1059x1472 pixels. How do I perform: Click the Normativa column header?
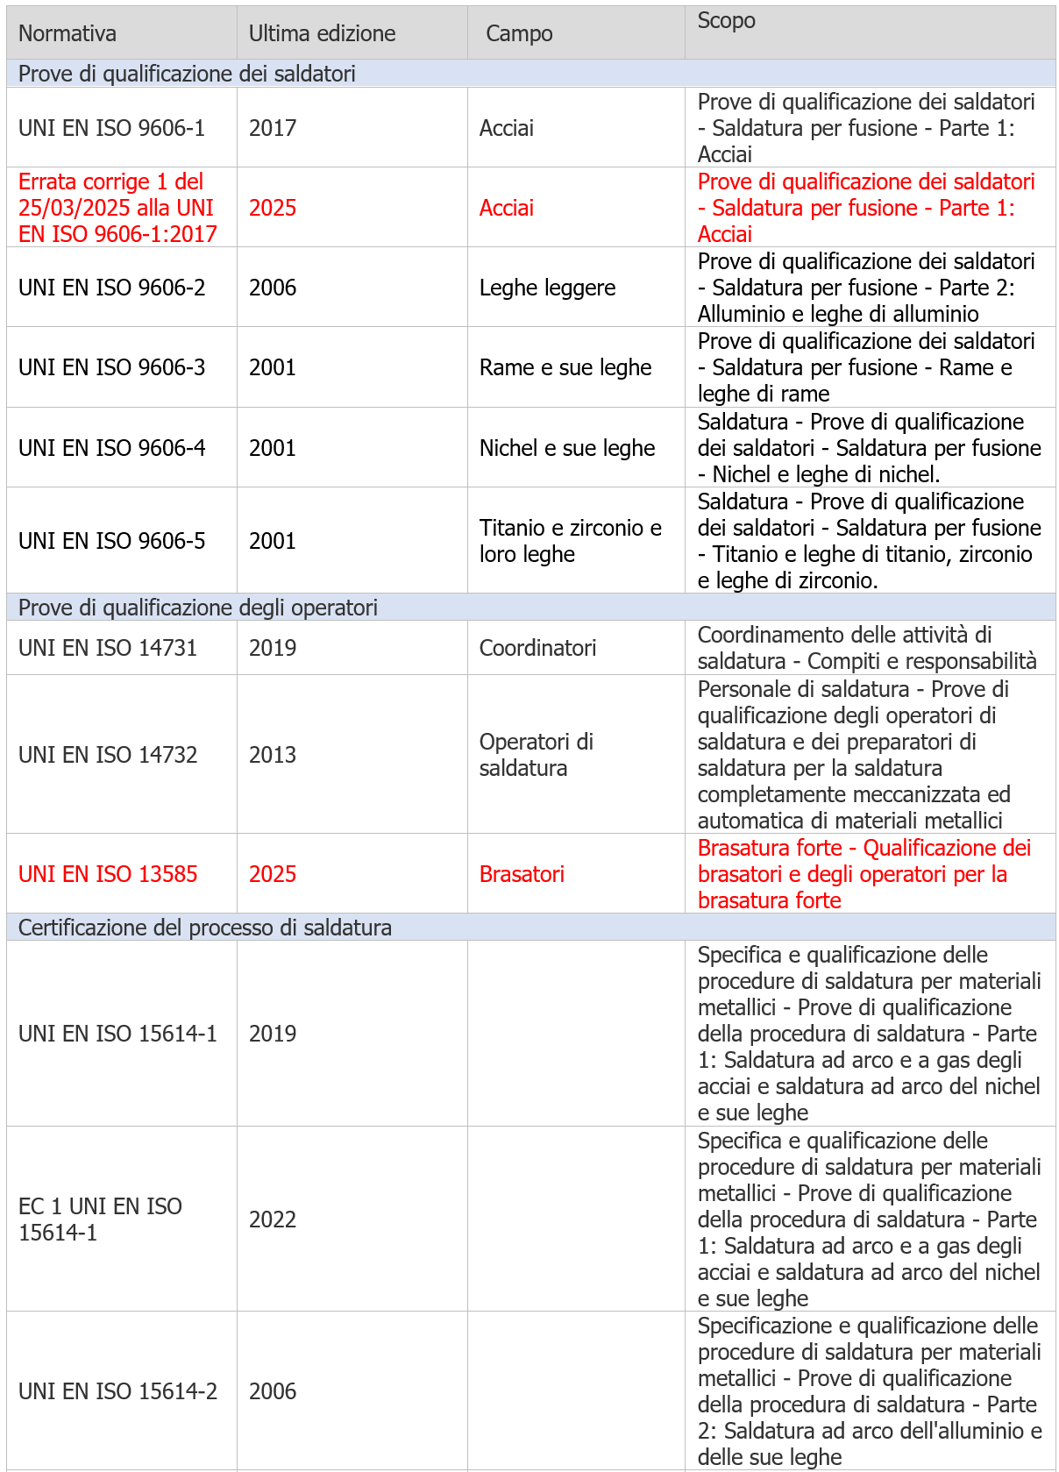tap(68, 33)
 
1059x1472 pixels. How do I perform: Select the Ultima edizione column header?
tap(322, 33)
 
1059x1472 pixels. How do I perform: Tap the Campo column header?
tap(519, 33)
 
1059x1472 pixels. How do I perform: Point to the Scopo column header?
tap(726, 21)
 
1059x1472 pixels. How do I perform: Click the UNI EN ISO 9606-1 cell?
tap(111, 128)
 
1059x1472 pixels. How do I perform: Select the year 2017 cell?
tap(273, 128)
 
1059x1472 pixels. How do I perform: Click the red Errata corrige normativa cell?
tap(117, 208)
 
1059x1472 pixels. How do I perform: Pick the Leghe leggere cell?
tap(547, 288)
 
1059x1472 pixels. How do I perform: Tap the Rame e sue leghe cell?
tap(565, 367)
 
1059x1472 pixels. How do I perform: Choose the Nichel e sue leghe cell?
tap(567, 448)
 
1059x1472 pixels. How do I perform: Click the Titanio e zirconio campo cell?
tap(570, 541)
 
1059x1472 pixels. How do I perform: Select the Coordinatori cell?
tap(537, 648)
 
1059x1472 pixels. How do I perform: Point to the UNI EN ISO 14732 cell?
tap(108, 755)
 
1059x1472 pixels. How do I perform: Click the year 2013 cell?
tap(273, 755)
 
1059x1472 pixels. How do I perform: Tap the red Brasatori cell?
tap(522, 874)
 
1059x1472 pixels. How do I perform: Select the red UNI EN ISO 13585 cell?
tap(108, 874)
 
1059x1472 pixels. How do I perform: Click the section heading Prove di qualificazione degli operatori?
tap(198, 608)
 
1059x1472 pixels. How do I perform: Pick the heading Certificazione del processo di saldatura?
tap(205, 928)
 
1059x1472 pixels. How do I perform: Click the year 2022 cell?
tap(273, 1220)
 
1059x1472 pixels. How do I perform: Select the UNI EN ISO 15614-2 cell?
tap(117, 1391)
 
